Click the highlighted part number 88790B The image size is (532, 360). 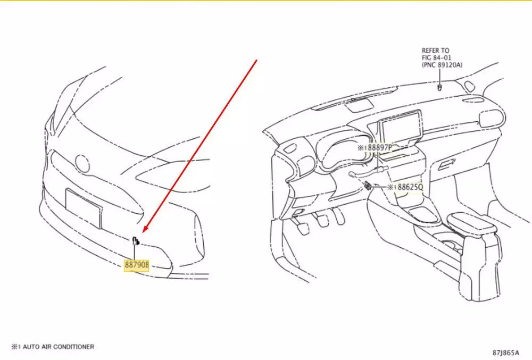point(136,265)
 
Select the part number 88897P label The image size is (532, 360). point(380,148)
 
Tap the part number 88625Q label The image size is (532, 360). point(410,187)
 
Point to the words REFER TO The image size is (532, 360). point(435,51)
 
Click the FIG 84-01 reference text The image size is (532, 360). point(436,57)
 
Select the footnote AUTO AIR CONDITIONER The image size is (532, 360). point(59,347)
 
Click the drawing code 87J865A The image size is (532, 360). point(506,353)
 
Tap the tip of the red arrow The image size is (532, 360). point(143,232)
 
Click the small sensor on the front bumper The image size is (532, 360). point(136,240)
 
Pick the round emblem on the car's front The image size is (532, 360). point(82,164)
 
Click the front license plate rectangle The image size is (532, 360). point(84,208)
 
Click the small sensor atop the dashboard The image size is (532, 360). point(440,88)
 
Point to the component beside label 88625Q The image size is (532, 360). point(368,186)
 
